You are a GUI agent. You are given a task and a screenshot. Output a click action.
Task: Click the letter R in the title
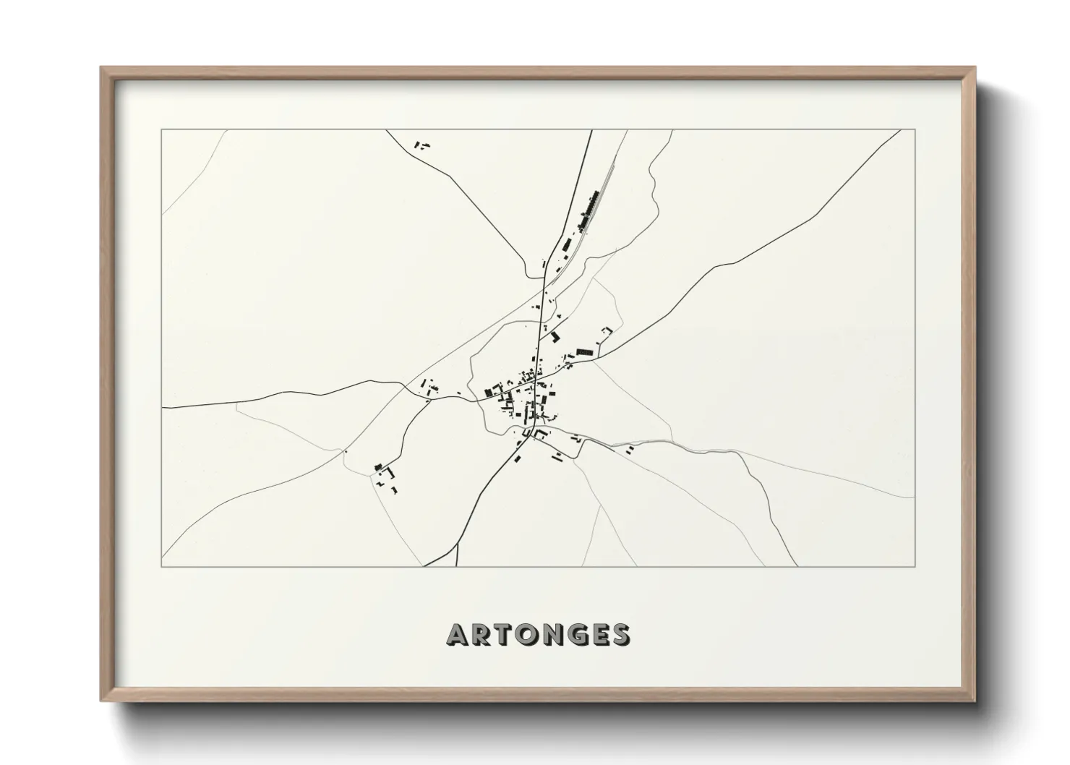[482, 634]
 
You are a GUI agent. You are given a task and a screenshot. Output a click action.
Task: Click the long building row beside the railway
[590, 206]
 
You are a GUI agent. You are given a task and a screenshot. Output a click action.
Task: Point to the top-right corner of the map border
[915, 130]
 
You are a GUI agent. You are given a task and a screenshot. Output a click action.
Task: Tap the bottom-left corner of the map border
[162, 566]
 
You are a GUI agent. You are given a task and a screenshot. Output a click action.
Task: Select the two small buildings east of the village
[629, 450]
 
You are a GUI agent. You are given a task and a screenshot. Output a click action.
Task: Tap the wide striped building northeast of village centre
[583, 352]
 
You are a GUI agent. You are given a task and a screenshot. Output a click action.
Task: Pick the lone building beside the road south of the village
[517, 458]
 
